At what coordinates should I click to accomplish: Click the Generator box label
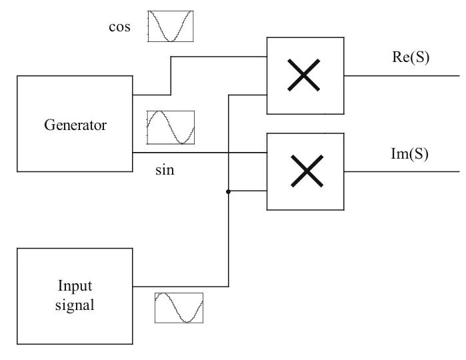(75, 125)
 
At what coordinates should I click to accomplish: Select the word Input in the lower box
(75, 287)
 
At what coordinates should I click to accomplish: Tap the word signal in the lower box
(75, 306)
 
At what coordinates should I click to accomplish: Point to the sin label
(165, 171)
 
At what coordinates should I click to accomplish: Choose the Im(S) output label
(409, 154)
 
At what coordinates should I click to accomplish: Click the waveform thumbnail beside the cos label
(170, 26)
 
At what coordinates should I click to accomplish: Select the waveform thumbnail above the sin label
(171, 127)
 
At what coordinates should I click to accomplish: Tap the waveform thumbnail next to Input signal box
(179, 308)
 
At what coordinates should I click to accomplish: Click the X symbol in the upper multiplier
(305, 75)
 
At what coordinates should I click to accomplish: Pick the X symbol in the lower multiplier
(305, 171)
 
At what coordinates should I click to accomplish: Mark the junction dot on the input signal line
(229, 192)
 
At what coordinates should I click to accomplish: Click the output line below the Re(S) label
(400, 75)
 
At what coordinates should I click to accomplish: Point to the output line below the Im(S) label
(400, 171)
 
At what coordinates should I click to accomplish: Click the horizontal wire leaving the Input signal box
(180, 287)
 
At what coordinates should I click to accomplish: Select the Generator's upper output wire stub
(151, 95)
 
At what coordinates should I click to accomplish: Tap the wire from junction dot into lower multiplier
(248, 192)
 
